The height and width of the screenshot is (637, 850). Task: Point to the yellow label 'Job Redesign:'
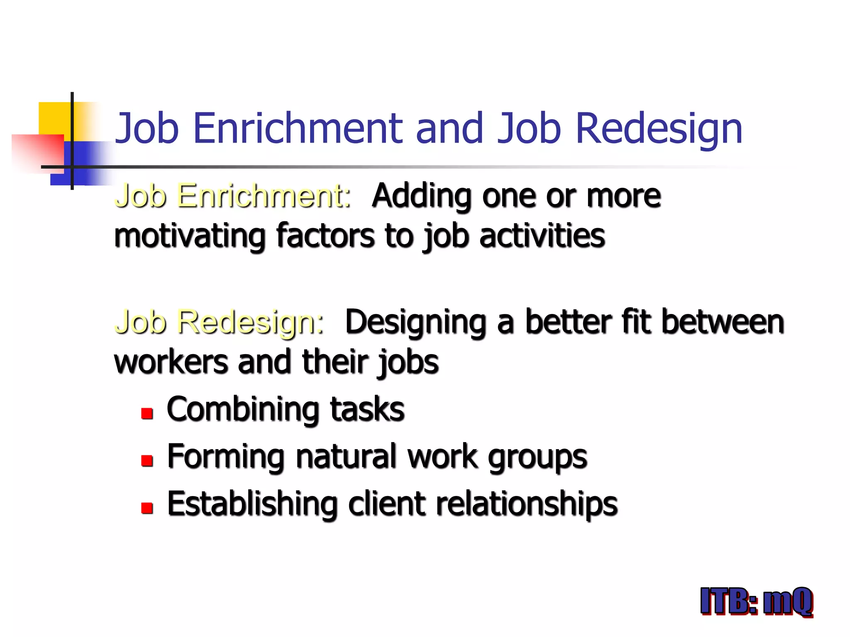pyautogui.click(x=219, y=322)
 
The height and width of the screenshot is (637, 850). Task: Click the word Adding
pyautogui.click(x=422, y=197)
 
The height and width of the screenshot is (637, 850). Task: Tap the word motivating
pyautogui.click(x=190, y=236)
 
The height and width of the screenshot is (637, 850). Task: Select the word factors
pyautogui.click(x=325, y=236)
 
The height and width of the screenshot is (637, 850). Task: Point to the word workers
pyautogui.click(x=171, y=362)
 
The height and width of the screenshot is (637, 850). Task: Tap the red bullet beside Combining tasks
pyautogui.click(x=147, y=413)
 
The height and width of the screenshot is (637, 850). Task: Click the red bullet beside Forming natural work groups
pyautogui.click(x=147, y=461)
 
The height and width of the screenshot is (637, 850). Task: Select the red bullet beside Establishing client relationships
pyautogui.click(x=147, y=508)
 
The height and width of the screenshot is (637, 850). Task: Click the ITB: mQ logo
pyautogui.click(x=756, y=601)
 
